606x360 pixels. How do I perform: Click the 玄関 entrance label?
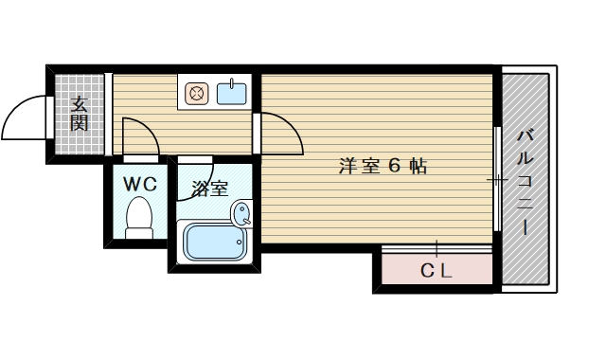click(x=79, y=114)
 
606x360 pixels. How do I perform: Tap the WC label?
click(x=139, y=180)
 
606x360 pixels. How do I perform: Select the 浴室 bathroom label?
click(x=209, y=188)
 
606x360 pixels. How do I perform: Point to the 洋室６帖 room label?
click(x=383, y=167)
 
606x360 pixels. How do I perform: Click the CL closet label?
click(x=437, y=272)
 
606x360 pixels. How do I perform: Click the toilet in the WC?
click(x=140, y=216)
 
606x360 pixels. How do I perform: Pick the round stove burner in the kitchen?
click(x=197, y=94)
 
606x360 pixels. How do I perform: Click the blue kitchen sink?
click(x=232, y=94)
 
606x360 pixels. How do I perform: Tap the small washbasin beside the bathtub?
click(x=242, y=213)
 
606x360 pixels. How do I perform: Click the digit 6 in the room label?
click(x=395, y=167)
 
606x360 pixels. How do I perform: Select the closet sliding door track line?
click(x=437, y=249)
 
